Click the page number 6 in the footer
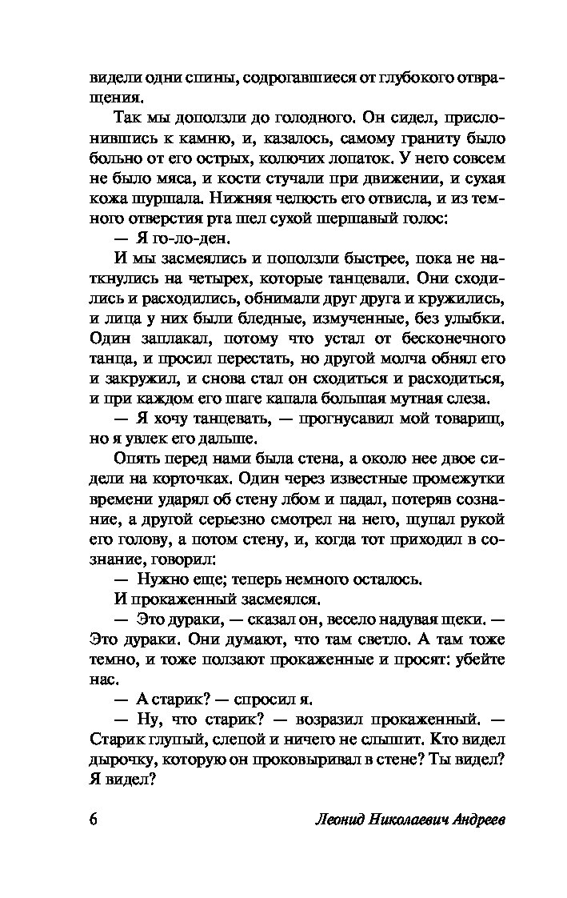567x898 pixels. [94, 823]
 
